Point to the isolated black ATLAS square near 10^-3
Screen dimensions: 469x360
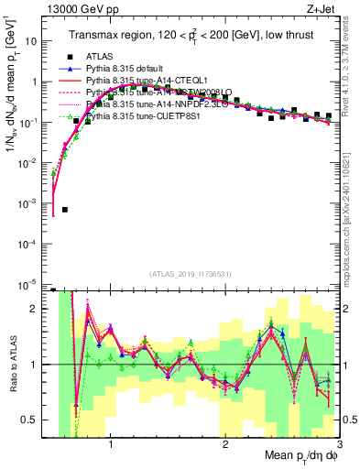pyautogui.click(x=65, y=210)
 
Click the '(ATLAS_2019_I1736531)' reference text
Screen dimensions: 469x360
pyautogui.click(x=194, y=274)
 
